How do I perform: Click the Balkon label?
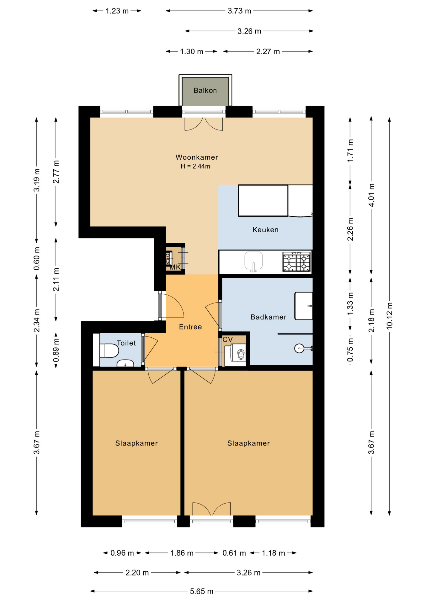[x=205, y=91]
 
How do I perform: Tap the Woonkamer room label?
[x=196, y=157]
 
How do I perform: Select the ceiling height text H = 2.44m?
[x=195, y=166]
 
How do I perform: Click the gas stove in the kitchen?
[x=296, y=262]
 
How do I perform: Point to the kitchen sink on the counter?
[x=253, y=261]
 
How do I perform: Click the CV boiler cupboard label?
[x=227, y=340]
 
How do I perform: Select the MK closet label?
[x=175, y=267]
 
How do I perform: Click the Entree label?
[x=190, y=327]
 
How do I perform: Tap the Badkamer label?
[x=268, y=317]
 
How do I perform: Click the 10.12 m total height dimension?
[x=389, y=315]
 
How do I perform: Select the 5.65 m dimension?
[x=201, y=591]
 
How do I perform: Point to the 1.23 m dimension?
[x=117, y=11]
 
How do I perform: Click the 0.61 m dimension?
[x=234, y=553]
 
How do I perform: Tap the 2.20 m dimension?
[x=137, y=573]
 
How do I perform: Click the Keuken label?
[x=265, y=230]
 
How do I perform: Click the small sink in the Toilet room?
[x=125, y=364]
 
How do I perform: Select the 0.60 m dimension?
[x=37, y=259]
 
